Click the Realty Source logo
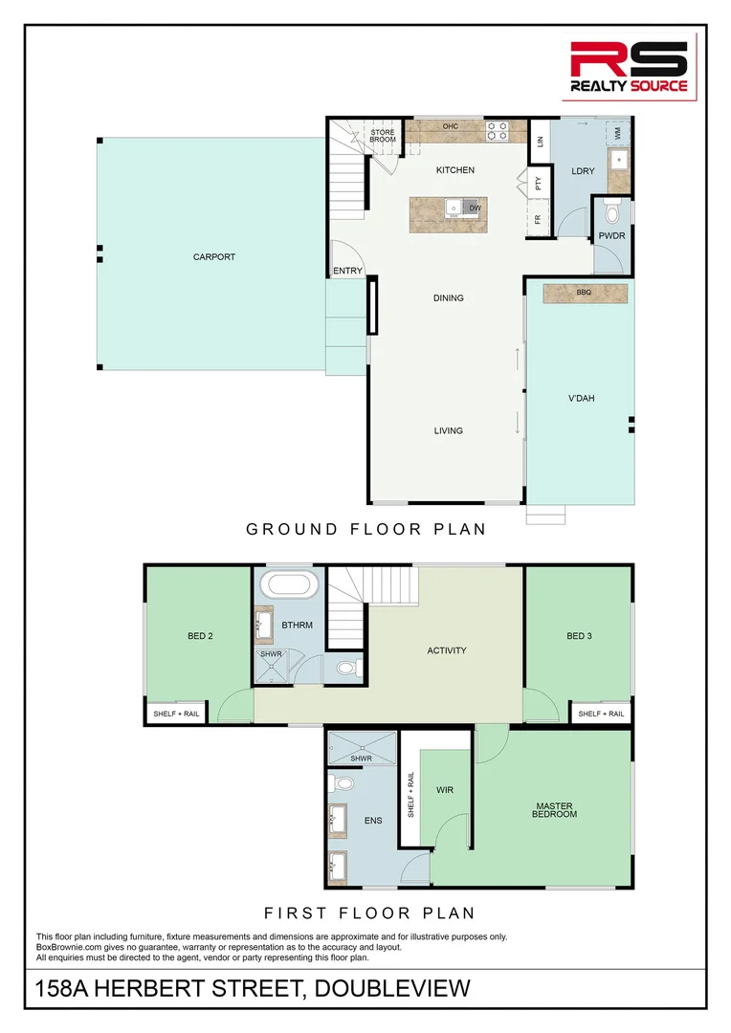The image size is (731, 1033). tap(629, 67)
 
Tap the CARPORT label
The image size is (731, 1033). tap(213, 256)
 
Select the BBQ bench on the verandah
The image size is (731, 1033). tap(585, 293)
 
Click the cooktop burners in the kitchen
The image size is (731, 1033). tap(497, 131)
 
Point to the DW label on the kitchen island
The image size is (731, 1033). tap(475, 208)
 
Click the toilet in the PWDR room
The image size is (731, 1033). tap(613, 209)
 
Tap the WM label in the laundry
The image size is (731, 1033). tap(618, 135)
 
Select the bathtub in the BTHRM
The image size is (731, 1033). tap(289, 584)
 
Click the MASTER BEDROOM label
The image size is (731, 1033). tap(555, 810)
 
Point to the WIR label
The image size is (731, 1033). tap(444, 791)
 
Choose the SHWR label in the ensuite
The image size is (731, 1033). tap(361, 758)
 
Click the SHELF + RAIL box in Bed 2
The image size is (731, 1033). tap(177, 714)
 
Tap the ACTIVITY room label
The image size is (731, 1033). tap(446, 650)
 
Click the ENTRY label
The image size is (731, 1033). tap(347, 271)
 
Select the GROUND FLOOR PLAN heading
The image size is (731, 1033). tap(365, 529)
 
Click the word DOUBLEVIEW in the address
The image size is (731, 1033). tap(390, 987)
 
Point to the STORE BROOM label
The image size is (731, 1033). tap(383, 136)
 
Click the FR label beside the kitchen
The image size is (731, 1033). tap(538, 219)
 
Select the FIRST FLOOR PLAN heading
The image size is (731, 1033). tap(369, 912)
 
